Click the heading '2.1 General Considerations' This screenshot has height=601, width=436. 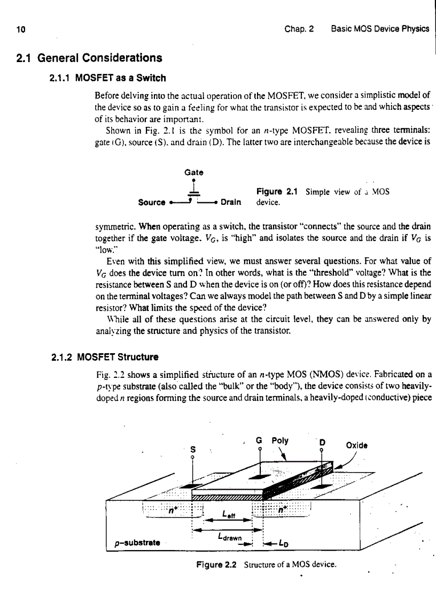pyautogui.click(x=90, y=58)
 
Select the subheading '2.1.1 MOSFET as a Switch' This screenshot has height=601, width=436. pyautogui.click(x=107, y=78)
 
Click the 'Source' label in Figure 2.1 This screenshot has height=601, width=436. pyautogui.click(x=151, y=203)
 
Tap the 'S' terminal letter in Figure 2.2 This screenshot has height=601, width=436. pyautogui.click(x=192, y=450)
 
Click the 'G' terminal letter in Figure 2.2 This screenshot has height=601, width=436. pyautogui.click(x=260, y=440)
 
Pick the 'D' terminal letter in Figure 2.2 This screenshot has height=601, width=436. pyautogui.click(x=322, y=444)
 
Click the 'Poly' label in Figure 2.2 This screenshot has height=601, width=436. pyautogui.click(x=280, y=441)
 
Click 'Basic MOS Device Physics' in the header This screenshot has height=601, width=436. pyautogui.click(x=380, y=29)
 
